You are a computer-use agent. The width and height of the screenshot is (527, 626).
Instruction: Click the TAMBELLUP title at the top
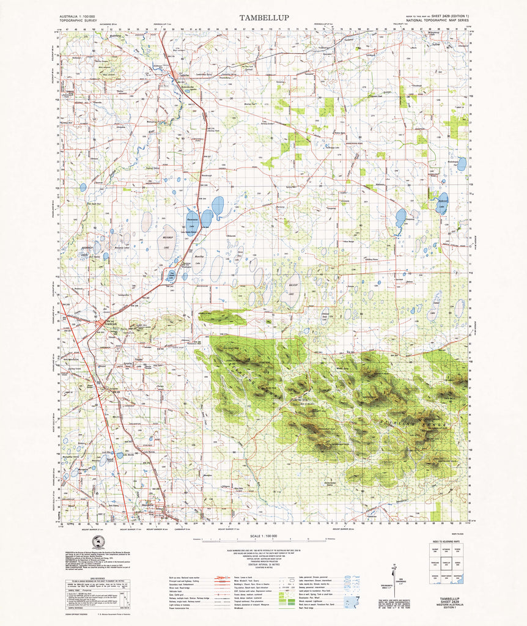[x=264, y=18]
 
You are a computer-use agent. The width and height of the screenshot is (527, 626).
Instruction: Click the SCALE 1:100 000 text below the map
[x=263, y=536]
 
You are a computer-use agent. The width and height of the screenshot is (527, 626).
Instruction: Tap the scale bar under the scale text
[x=263, y=541]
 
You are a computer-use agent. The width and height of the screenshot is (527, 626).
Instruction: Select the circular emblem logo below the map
[x=98, y=543]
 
